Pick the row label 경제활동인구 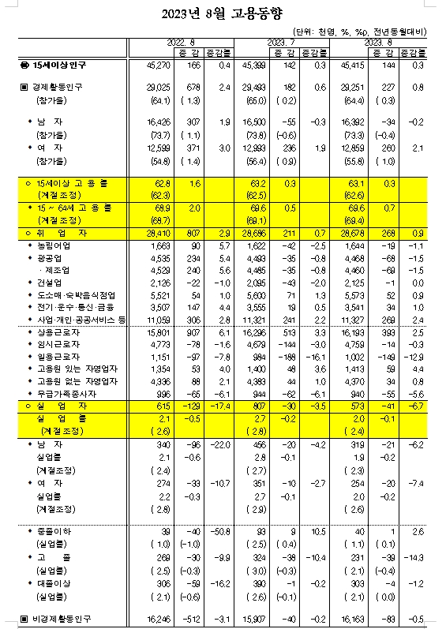click(x=57, y=87)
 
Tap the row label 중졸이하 click(x=51, y=532)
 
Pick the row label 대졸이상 click(x=51, y=581)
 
